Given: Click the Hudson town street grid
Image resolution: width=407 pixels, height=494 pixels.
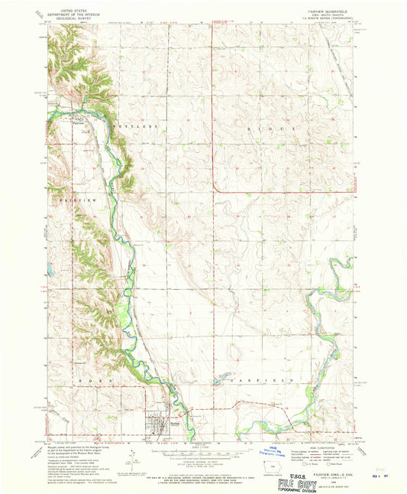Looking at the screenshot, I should click(159, 423).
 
